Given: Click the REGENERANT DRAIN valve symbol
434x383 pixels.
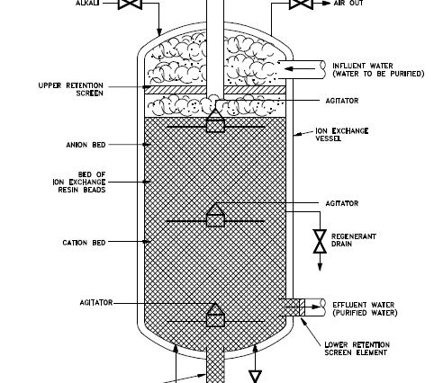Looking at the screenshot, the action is click(x=320, y=242).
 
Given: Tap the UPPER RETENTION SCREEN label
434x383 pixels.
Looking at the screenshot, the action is click(x=71, y=89).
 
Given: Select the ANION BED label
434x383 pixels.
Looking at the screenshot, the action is click(x=86, y=145).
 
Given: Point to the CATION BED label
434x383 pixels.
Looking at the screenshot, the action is click(x=84, y=243).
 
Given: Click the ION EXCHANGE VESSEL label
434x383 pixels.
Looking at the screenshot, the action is click(x=342, y=135).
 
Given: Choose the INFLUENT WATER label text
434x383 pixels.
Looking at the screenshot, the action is click(x=378, y=70).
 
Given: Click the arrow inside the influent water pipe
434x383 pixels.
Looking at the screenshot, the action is click(x=300, y=69).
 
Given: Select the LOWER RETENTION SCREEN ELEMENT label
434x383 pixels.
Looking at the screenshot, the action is click(x=357, y=349).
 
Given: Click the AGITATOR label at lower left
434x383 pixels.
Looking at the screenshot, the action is click(x=96, y=303).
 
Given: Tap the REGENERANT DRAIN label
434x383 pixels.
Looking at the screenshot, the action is click(x=354, y=240).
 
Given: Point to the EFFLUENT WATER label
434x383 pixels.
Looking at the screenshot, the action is click(x=365, y=308).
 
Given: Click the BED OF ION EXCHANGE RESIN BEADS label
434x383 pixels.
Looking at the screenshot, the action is click(x=79, y=182).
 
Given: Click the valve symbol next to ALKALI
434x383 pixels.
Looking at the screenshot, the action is click(x=130, y=4).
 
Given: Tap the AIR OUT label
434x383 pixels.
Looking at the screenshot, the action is click(x=348, y=3).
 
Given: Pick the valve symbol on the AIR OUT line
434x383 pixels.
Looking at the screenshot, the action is click(x=301, y=4).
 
